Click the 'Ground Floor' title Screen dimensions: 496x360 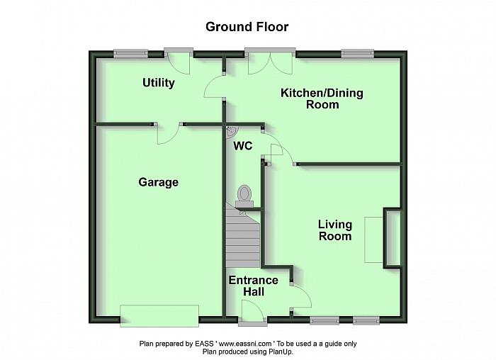tap(247, 27)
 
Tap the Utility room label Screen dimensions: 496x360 tap(159, 83)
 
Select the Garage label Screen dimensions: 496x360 tap(159, 182)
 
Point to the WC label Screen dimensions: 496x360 tap(243, 146)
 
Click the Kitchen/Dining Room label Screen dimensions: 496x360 tap(322, 99)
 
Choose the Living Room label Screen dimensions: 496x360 tap(335, 230)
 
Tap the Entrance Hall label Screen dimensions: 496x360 tap(254, 286)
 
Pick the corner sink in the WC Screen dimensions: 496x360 tap(231, 131)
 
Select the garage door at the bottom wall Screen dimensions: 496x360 tap(159, 316)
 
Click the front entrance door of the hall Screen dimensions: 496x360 tap(252, 313)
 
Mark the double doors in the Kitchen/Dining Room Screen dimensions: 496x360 tap(270, 62)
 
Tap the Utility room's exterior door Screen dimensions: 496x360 tap(179, 62)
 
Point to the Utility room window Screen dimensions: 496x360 tap(130, 54)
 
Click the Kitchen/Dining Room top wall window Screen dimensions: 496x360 tap(357, 54)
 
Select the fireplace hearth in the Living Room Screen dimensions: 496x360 tap(374, 240)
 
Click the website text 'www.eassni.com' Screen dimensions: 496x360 tap(245, 344)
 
